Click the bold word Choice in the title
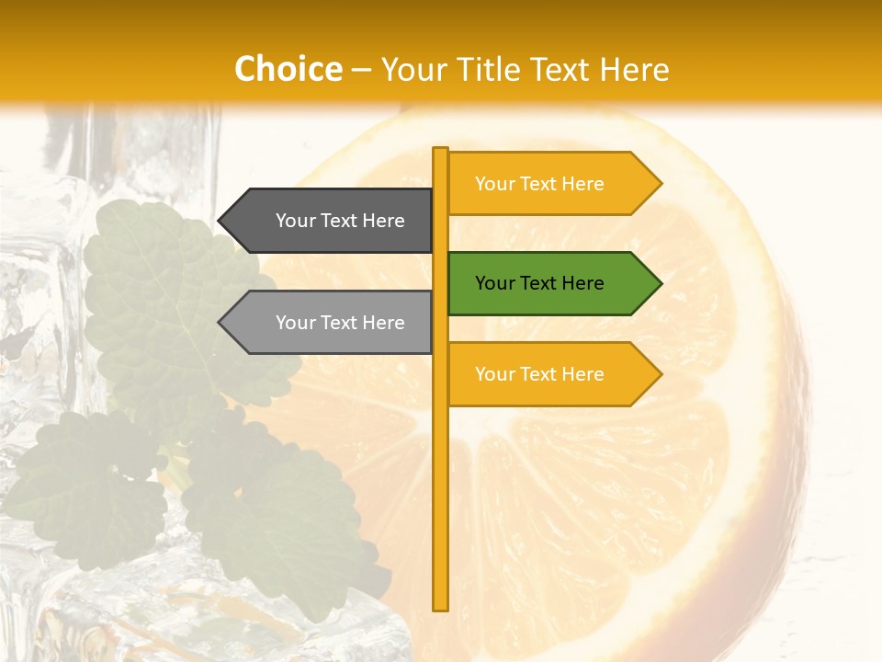point(288,69)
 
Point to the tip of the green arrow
point(660,283)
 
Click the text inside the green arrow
point(539,283)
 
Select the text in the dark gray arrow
point(340,221)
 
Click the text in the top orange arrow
point(539,184)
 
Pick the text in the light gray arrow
point(340,323)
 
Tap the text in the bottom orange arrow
point(539,374)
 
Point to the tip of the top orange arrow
point(660,184)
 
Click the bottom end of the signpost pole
point(441,607)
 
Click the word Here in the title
point(635,70)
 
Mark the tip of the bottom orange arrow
point(660,374)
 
